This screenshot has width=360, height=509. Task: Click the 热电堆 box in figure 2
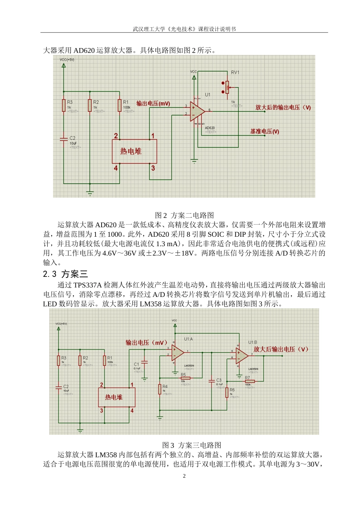click(x=134, y=151)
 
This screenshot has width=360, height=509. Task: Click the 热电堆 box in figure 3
click(x=116, y=397)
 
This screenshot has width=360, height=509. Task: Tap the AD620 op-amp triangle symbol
click(x=197, y=111)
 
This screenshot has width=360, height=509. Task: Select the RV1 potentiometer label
click(x=235, y=72)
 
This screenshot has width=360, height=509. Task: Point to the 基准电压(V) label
click(x=265, y=131)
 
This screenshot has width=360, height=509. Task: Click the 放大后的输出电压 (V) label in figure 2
click(x=283, y=108)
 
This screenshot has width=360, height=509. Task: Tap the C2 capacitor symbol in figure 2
click(x=64, y=139)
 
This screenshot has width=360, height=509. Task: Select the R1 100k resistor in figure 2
click(x=120, y=105)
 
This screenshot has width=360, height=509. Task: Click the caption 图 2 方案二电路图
click(x=185, y=215)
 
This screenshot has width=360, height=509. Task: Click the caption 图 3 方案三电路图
click(x=191, y=445)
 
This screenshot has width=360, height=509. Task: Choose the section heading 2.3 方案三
click(x=65, y=274)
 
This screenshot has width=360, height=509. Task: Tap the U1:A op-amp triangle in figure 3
click(x=178, y=353)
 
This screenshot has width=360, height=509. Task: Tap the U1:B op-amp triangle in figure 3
click(x=241, y=355)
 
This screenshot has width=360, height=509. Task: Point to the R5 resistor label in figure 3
click(x=183, y=375)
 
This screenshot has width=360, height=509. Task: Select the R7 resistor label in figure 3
click(x=247, y=378)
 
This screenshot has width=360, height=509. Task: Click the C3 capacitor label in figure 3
click(x=219, y=380)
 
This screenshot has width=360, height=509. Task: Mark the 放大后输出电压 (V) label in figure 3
click(x=281, y=349)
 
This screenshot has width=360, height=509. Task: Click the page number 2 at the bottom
click(x=184, y=476)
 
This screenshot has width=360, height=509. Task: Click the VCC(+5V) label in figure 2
click(x=67, y=60)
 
